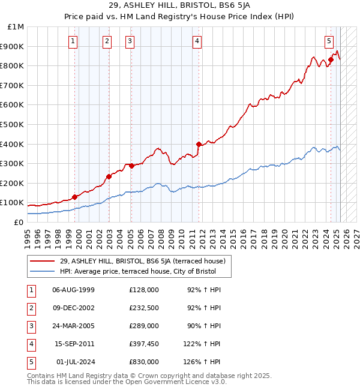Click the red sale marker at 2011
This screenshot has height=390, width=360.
click(199, 144)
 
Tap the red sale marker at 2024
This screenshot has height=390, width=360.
click(331, 59)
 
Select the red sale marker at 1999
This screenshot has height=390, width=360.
click(75, 197)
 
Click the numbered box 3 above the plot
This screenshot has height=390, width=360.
click(130, 41)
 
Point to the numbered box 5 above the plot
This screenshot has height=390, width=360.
click(329, 41)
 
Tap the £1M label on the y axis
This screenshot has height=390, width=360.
click(16, 27)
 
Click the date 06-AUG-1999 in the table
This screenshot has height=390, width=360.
click(74, 290)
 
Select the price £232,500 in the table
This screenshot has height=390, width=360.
click(143, 308)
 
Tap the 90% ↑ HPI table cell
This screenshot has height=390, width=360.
click(203, 326)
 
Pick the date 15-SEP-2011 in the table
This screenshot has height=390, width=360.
click(74, 344)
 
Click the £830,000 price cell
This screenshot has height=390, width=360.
click(143, 362)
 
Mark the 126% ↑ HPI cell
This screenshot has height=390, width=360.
click(203, 362)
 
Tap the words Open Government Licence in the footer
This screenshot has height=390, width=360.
click(170, 382)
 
